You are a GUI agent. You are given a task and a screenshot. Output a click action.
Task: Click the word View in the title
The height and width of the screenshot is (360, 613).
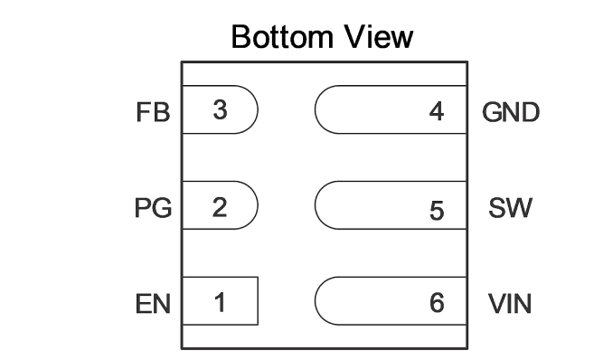coord(379,37)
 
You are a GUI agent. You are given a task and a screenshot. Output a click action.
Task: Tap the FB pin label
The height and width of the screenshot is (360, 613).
coord(153,112)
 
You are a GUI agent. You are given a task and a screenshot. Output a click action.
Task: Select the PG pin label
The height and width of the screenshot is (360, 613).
coord(153,207)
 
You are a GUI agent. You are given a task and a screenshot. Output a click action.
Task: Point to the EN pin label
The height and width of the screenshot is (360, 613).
coord(153,304)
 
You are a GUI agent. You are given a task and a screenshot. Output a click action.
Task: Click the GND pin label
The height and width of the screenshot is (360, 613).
coord(511,112)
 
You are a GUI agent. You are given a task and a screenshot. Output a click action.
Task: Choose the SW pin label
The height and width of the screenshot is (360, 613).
coord(510,207)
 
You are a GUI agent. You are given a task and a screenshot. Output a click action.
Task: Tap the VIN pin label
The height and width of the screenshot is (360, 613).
coord(510,304)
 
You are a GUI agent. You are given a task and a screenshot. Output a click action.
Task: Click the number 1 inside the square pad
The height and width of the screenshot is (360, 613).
coord(220,302)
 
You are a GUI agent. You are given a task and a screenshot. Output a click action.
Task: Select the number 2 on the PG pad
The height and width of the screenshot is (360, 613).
coord(220,207)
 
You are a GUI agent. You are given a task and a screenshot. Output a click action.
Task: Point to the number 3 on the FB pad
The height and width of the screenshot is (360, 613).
coord(220,109)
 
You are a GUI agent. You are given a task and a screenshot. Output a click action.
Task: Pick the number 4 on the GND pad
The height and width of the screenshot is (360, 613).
coord(437,111)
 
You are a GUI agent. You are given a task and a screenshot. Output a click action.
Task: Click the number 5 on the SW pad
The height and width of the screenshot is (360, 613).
coord(437,211)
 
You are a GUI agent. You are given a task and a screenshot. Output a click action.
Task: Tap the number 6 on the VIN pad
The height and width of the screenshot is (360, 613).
coord(437,302)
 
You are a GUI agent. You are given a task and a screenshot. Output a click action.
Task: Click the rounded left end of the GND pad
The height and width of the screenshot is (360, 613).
coord(316,109)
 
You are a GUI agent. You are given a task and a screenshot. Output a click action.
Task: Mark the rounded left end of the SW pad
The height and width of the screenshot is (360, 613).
coord(316,205)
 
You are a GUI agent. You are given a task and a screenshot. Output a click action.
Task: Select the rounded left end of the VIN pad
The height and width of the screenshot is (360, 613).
coord(316,301)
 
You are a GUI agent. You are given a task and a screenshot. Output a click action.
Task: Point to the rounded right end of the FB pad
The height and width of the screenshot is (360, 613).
coord(258,109)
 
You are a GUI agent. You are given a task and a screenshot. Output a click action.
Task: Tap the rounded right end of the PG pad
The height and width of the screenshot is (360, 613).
coord(258,205)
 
